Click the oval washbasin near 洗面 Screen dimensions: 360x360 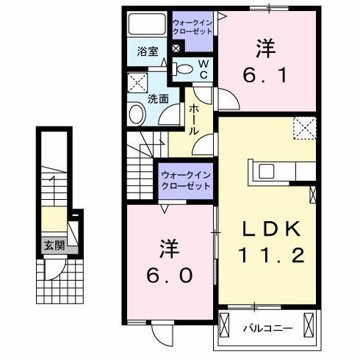coord(137,114)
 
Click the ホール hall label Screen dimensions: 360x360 coord(193,118)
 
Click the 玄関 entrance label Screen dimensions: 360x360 coord(48,245)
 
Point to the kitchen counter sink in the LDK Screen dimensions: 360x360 coord(266,170)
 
